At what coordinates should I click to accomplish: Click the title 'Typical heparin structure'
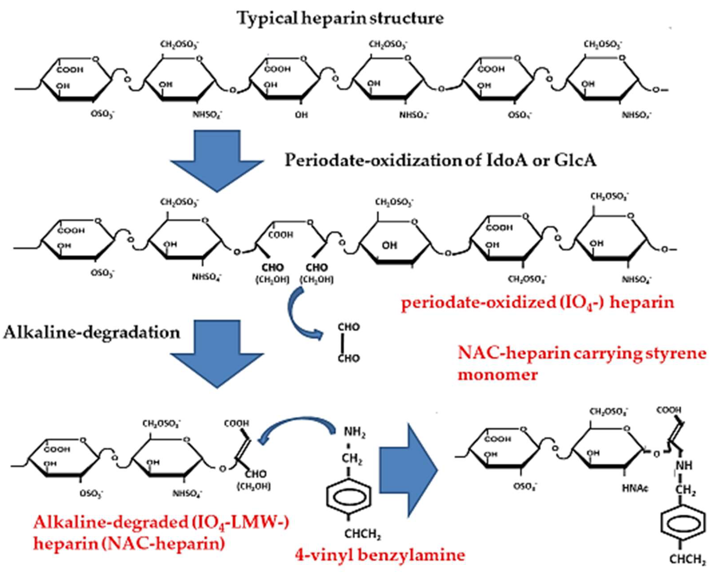[340, 18]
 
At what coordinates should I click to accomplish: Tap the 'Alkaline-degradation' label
[92, 333]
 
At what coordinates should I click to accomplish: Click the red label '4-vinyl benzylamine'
[380, 555]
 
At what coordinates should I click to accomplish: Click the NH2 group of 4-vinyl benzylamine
[354, 432]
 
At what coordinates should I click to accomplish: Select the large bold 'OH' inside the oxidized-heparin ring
[389, 245]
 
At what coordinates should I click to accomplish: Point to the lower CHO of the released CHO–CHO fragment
[349, 358]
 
